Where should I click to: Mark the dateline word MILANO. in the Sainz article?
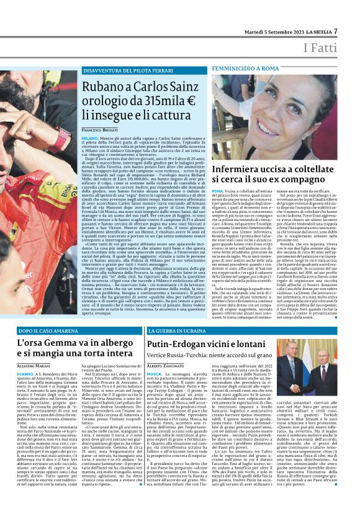click(x=89, y=137)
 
